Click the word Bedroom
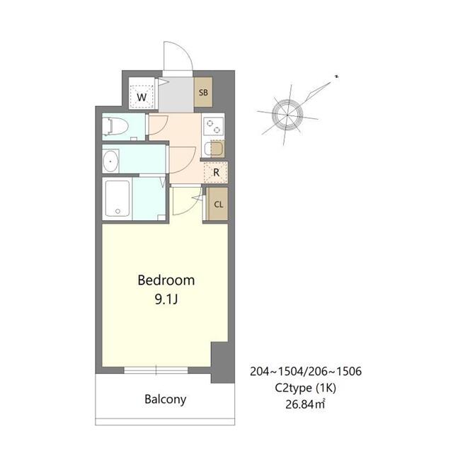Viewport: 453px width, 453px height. pyautogui.click(x=165, y=280)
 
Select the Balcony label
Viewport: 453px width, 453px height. pyautogui.click(x=165, y=399)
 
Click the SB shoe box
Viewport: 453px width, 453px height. pyautogui.click(x=203, y=93)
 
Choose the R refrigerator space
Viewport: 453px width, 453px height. pyautogui.click(x=215, y=171)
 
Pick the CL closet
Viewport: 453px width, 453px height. pyautogui.click(x=217, y=205)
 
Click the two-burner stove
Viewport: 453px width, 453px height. pyautogui.click(x=213, y=125)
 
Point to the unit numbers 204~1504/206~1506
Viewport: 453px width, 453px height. pyautogui.click(x=306, y=371)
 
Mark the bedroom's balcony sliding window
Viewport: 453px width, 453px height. pyautogui.click(x=156, y=369)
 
